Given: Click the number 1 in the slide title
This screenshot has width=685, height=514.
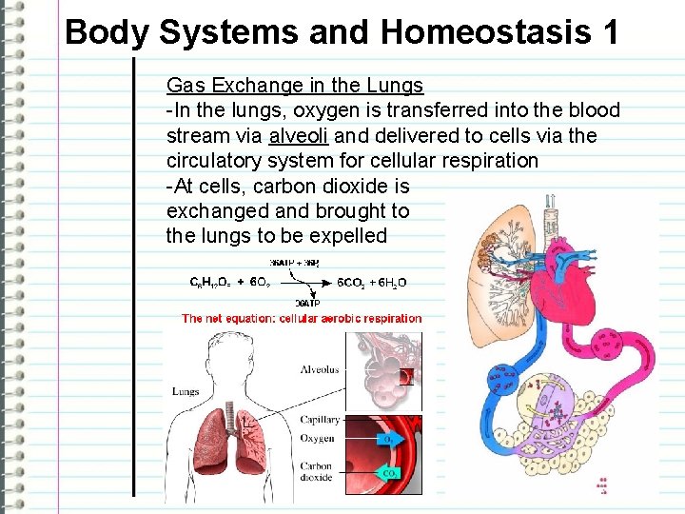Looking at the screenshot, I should coord(608,32).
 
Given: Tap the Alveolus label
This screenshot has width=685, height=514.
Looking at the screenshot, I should coord(319,369).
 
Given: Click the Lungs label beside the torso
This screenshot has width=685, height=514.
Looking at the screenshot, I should coord(186,391).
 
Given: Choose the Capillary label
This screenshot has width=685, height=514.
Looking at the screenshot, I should coord(321,420).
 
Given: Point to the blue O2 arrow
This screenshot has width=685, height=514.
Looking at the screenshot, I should coord(386,439).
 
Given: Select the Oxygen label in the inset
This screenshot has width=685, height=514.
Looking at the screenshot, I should coord(317,439).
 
